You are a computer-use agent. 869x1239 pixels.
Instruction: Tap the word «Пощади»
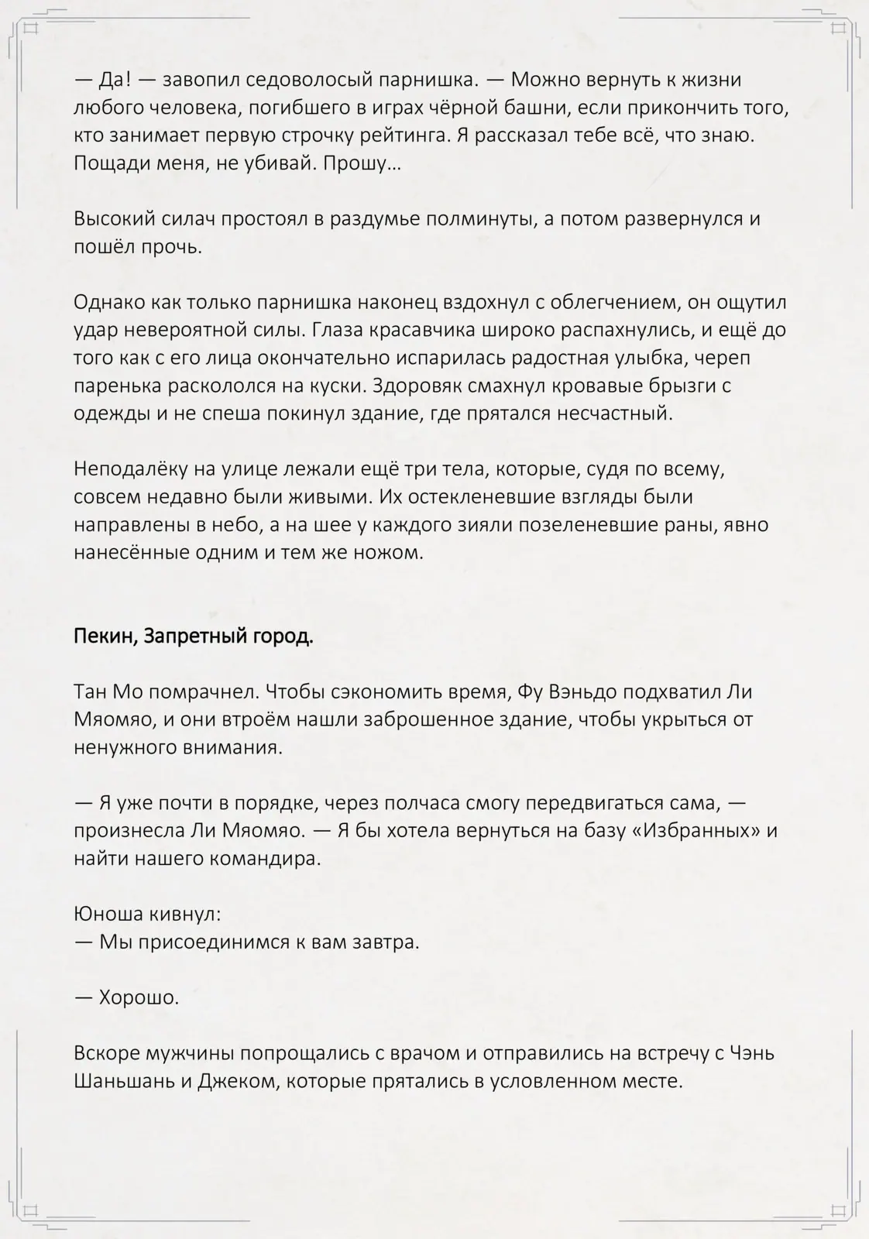tap(105, 163)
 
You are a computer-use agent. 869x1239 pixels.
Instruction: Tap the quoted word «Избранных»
tap(694, 831)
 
